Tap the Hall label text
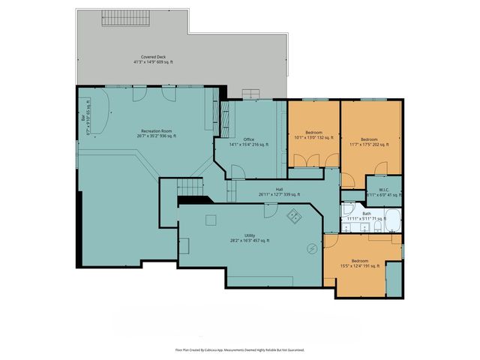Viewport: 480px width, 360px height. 278,192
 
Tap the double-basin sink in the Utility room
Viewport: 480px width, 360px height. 294,216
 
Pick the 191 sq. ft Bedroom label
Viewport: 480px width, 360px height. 360,263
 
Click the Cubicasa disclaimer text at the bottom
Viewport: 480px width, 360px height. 239,349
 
